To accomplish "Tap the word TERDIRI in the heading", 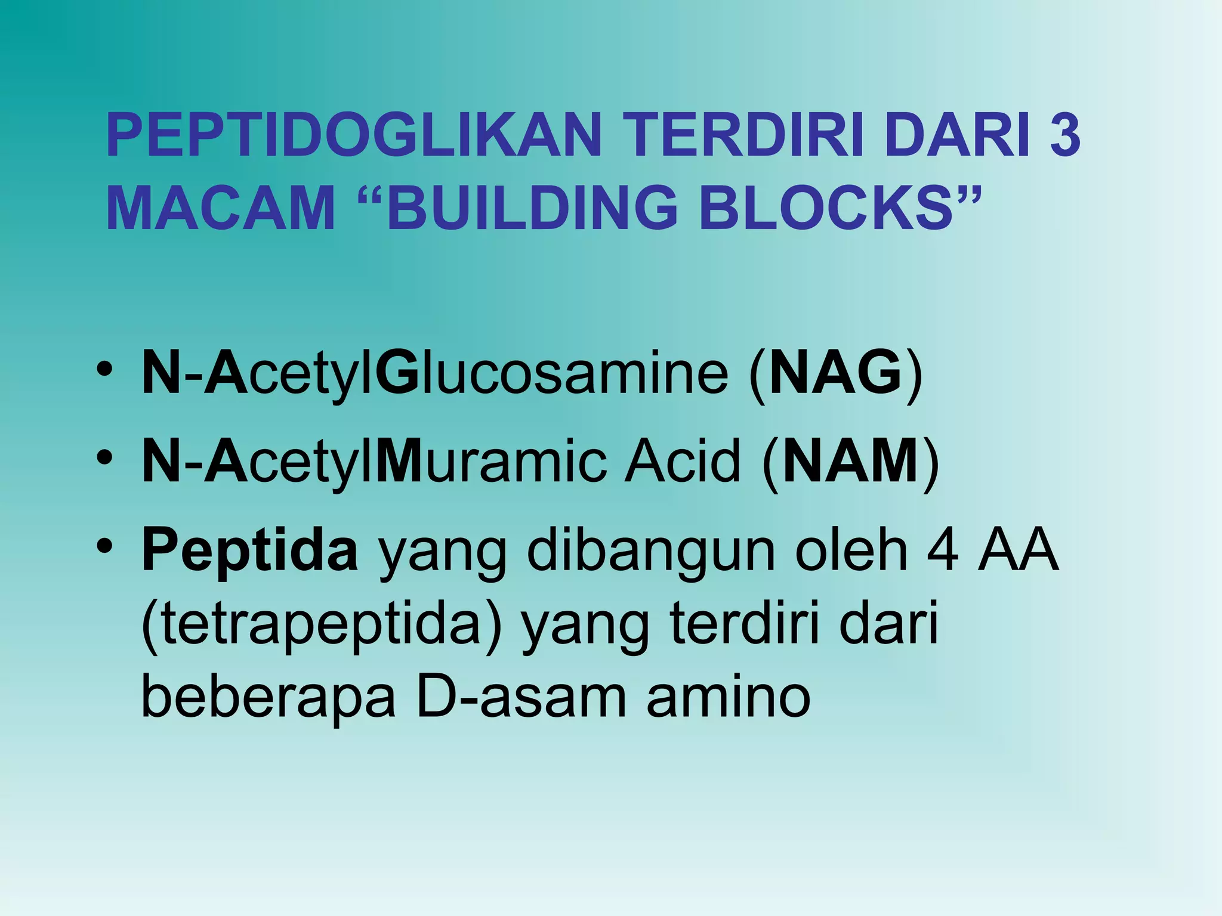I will click(x=743, y=136).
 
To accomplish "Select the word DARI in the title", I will click(x=958, y=136).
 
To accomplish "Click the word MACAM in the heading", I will click(x=221, y=208).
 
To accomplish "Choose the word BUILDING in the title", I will click(x=534, y=208).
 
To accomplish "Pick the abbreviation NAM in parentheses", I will click(x=851, y=462).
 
